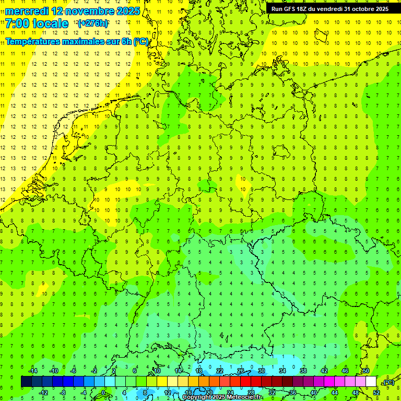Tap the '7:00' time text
(x=19, y=23)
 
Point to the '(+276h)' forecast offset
(x=92, y=23)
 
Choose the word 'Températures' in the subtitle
(x=32, y=41)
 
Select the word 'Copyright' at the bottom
(x=197, y=397)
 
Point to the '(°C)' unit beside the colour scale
(x=388, y=383)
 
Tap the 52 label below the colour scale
(x=376, y=393)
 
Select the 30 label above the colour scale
(x=261, y=371)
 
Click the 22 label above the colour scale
(x=219, y=371)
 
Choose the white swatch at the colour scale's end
(x=371, y=382)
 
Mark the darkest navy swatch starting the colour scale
(x=26, y=382)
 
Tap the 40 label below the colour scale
(x=313, y=393)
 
